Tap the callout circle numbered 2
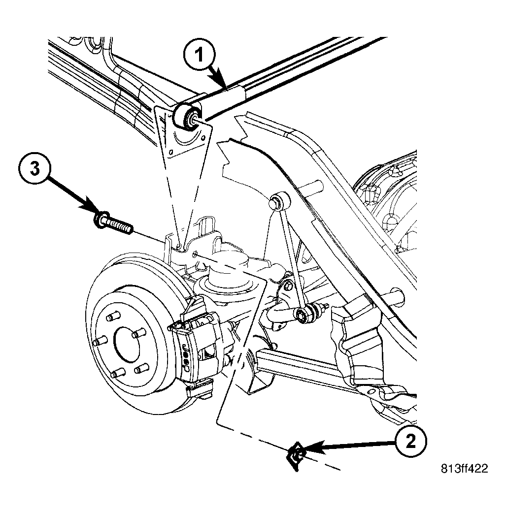click(411, 442)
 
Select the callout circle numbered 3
click(35, 169)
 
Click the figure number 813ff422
click(465, 469)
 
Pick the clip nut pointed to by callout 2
click(296, 455)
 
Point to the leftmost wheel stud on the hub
click(99, 342)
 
